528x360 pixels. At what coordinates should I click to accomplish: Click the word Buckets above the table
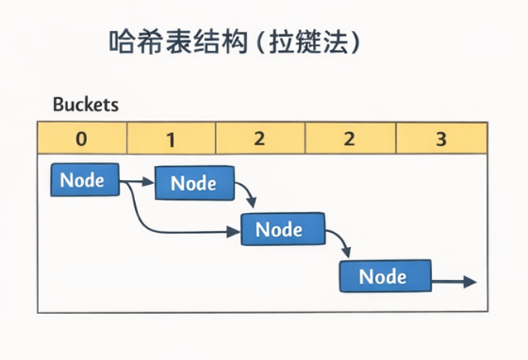coord(85,105)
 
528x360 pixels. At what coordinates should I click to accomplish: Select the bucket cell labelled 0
coord(81,139)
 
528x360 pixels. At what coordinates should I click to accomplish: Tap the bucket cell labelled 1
coord(171,139)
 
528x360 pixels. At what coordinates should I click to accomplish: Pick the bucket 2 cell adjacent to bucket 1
coord(259,139)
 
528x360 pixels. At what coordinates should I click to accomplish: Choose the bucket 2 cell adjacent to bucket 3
coord(350,139)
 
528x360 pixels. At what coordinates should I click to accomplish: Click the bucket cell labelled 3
coord(440,139)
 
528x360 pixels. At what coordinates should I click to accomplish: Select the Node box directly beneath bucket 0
coord(84,180)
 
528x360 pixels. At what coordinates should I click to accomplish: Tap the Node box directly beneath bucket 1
coord(192,184)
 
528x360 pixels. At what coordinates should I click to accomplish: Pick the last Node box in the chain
coord(384,276)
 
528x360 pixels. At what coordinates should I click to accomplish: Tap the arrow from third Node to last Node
coord(341,242)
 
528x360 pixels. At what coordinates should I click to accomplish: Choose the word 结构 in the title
coord(224,42)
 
